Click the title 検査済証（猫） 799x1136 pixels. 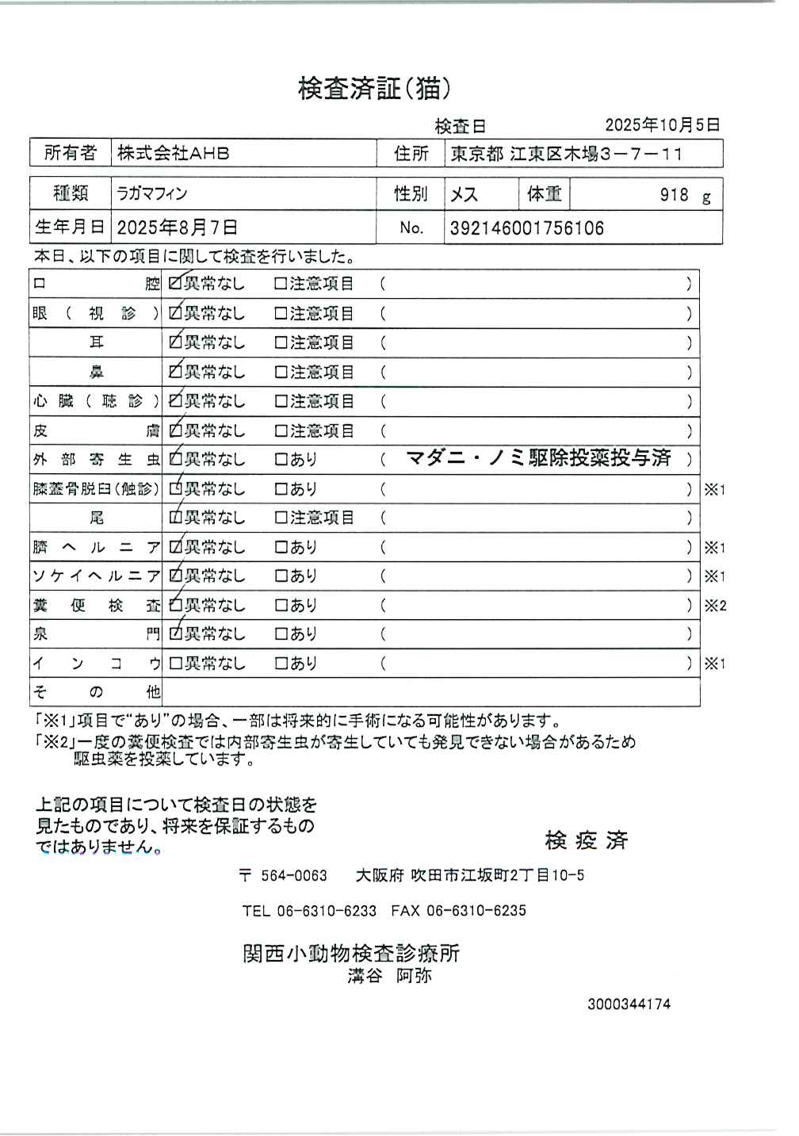pyautogui.click(x=374, y=89)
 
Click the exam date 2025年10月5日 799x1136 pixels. pyautogui.click(x=662, y=125)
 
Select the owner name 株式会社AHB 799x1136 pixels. pyautogui.click(x=174, y=154)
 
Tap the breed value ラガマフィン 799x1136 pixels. pyautogui.click(x=152, y=193)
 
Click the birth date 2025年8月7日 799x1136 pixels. pyautogui.click(x=177, y=228)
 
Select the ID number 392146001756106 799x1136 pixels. pyautogui.click(x=526, y=229)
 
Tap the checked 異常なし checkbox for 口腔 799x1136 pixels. pyautogui.click(x=176, y=284)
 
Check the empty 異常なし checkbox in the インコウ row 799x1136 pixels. pyautogui.click(x=176, y=664)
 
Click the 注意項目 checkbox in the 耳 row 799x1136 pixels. pyautogui.click(x=281, y=343)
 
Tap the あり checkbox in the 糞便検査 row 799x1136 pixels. pyautogui.click(x=281, y=606)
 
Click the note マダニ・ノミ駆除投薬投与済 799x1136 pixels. pyautogui.click(x=538, y=458)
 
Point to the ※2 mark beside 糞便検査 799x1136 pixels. pyautogui.click(x=715, y=606)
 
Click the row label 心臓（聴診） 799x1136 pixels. pyautogui.click(x=96, y=401)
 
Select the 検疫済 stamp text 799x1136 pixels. pyautogui.click(x=586, y=840)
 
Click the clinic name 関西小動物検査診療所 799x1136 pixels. pyautogui.click(x=351, y=953)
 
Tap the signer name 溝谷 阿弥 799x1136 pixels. pyautogui.click(x=389, y=977)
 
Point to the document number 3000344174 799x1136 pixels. pyautogui.click(x=629, y=1004)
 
